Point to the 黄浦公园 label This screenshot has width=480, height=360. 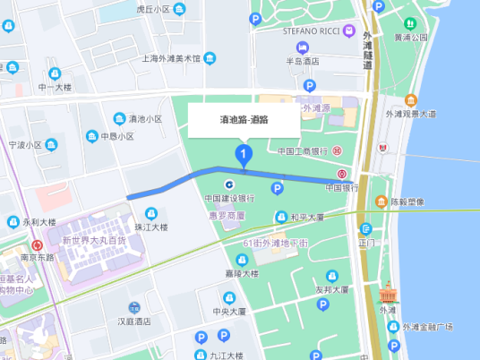tap(411, 38)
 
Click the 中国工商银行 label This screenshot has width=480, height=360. tap(304, 150)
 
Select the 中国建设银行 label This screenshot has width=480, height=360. tap(229, 199)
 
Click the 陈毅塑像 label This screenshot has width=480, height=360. tap(412, 201)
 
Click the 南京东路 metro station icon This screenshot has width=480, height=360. tap(37, 244)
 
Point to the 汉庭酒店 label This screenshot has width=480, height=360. tap(133, 321)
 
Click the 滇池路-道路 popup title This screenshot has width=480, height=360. tap(244, 118)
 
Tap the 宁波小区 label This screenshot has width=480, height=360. tap(26, 144)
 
